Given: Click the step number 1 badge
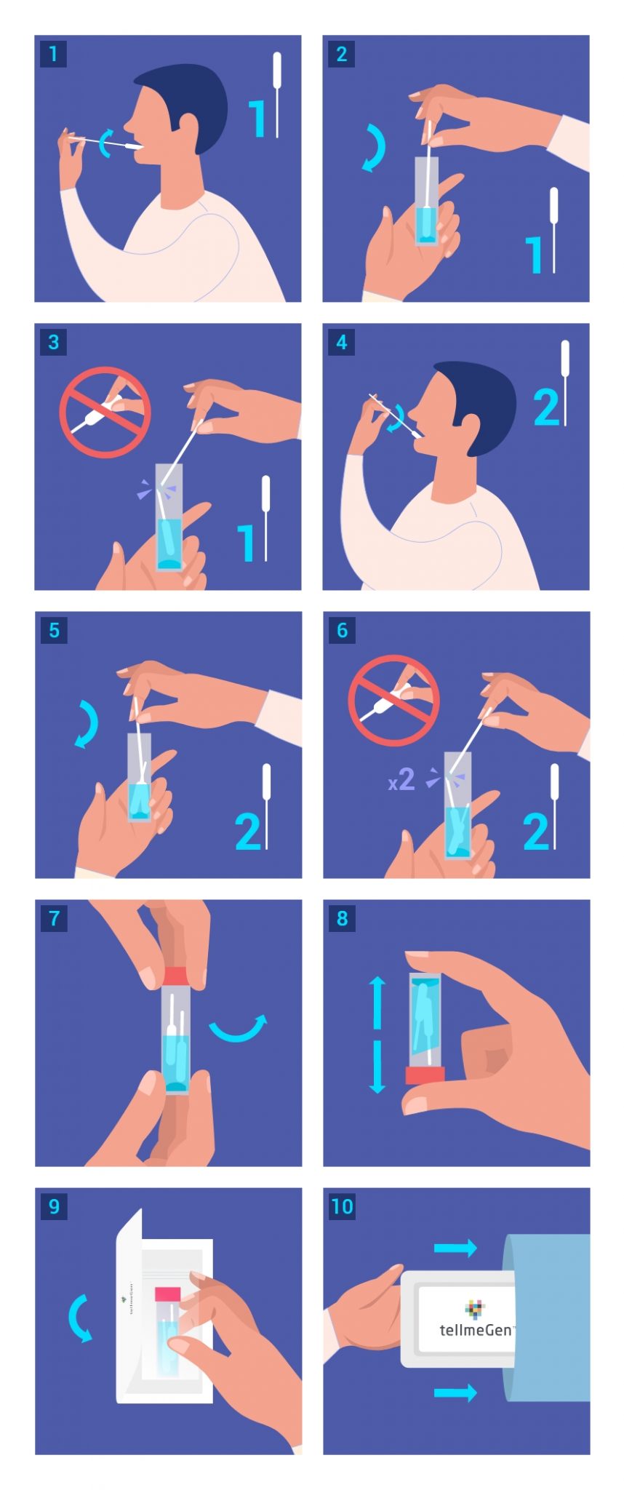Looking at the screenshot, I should click(53, 53).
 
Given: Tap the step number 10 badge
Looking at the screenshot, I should click(342, 1206).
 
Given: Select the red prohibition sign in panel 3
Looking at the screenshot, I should click(105, 412).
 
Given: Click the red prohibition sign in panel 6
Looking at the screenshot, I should click(393, 700).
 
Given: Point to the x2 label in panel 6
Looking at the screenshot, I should click(401, 781).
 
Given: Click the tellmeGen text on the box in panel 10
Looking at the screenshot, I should click(476, 1330).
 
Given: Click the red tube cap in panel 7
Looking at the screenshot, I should click(176, 976).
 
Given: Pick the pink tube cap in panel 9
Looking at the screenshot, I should click(168, 1294).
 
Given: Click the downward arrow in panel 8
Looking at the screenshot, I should click(377, 1067).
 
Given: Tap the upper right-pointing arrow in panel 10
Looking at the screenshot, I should click(455, 1248).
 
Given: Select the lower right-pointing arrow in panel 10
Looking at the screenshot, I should click(455, 1393).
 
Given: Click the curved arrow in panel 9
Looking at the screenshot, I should click(78, 1318).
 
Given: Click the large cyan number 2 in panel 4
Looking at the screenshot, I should click(546, 407).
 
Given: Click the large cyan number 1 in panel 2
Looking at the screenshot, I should click(535, 255).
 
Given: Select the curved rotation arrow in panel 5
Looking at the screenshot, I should click(88, 724).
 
